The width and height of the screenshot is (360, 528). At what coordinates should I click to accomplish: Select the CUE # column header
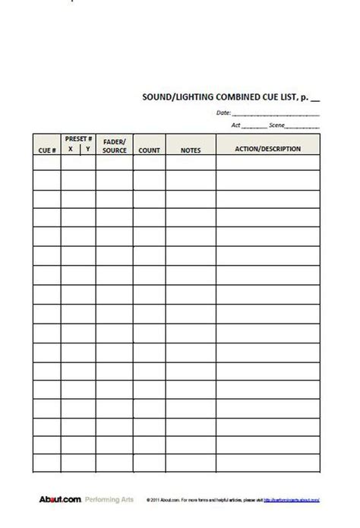[x=46, y=150]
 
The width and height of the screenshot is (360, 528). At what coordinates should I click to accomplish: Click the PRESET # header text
[x=79, y=140]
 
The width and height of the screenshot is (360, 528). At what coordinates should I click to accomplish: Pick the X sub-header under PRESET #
[x=70, y=150]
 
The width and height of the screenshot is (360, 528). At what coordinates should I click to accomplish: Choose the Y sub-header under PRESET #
[x=87, y=150]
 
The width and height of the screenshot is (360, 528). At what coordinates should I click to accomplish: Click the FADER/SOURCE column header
[x=114, y=146]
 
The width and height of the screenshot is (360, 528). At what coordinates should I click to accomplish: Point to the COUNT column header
[x=150, y=150]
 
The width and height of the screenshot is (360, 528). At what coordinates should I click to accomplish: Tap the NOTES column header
[x=191, y=150]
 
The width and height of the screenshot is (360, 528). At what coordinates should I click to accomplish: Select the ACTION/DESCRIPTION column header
[x=268, y=149]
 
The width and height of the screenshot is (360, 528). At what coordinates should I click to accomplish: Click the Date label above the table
[x=223, y=113]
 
